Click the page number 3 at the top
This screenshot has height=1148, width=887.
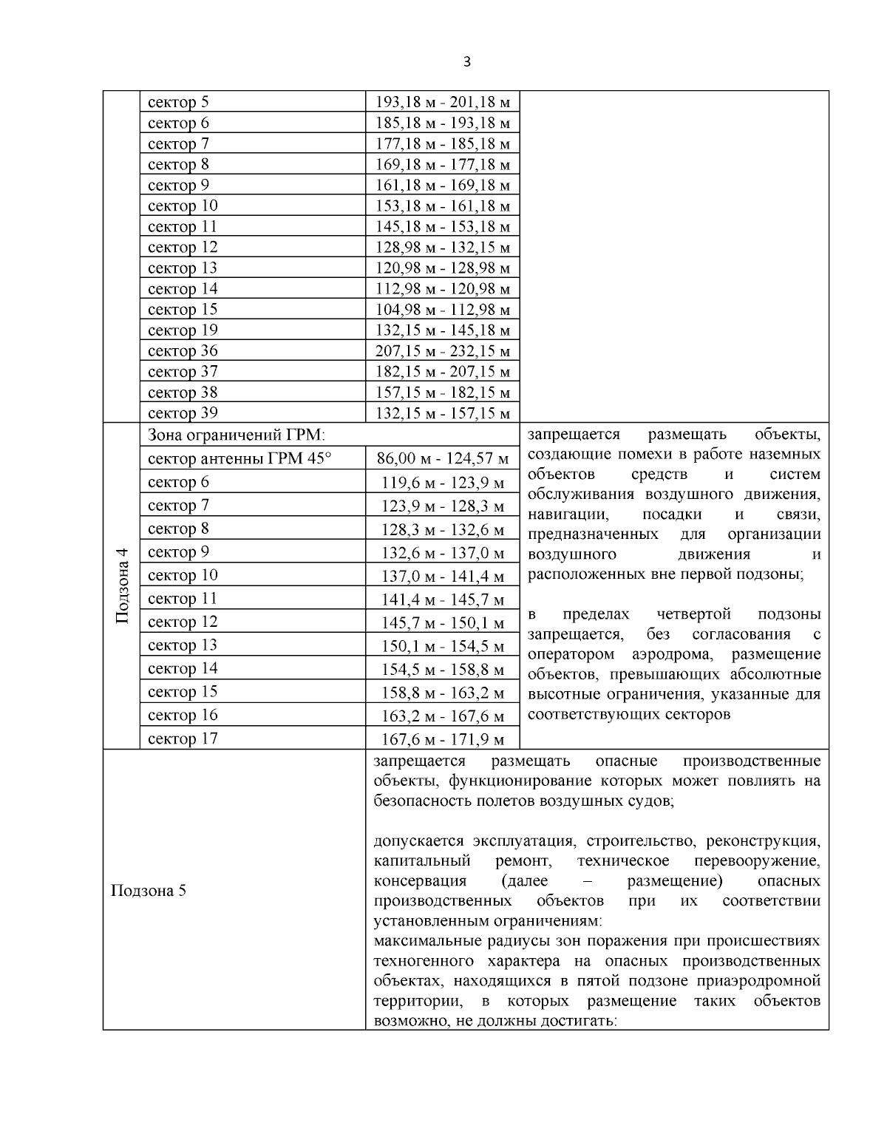(x=466, y=62)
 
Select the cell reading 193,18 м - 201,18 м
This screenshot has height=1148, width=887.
(x=443, y=102)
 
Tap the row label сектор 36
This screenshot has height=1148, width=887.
(x=183, y=350)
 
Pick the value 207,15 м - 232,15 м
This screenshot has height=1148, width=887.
(x=443, y=351)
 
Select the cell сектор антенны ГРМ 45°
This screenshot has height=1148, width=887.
(x=239, y=458)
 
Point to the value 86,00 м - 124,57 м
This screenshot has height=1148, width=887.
(x=443, y=459)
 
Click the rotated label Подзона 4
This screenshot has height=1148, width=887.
(x=122, y=585)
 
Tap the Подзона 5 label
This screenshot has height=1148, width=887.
(x=148, y=890)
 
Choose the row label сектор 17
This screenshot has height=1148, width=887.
(x=183, y=738)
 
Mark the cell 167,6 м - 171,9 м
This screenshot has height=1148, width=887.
(x=443, y=739)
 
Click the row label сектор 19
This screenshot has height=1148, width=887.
(x=183, y=330)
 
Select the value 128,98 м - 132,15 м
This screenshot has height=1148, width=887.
(x=443, y=248)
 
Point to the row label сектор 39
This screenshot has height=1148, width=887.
(x=183, y=412)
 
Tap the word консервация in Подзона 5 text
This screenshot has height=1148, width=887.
(x=420, y=881)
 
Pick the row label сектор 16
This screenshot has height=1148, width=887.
(x=183, y=714)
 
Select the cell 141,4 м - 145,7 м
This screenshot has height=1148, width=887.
(x=443, y=600)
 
